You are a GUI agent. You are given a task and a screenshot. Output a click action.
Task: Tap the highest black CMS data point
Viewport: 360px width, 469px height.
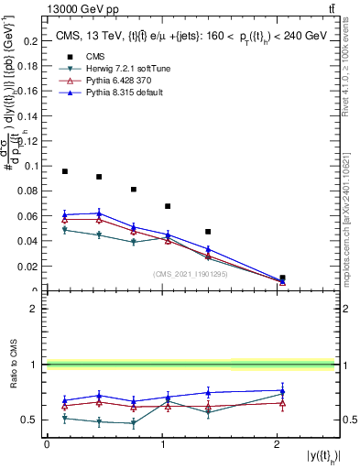65,171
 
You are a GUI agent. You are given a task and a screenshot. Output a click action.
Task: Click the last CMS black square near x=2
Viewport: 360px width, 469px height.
282,278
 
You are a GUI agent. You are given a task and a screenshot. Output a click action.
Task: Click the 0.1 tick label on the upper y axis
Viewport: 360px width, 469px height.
33,166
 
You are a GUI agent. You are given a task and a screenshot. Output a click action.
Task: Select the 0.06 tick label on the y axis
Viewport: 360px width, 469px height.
30,216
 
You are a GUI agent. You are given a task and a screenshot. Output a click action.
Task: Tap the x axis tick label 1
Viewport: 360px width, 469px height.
162,444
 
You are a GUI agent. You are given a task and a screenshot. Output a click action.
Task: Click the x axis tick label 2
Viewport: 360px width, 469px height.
278,444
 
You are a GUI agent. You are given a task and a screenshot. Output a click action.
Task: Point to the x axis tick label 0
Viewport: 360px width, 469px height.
47,444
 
